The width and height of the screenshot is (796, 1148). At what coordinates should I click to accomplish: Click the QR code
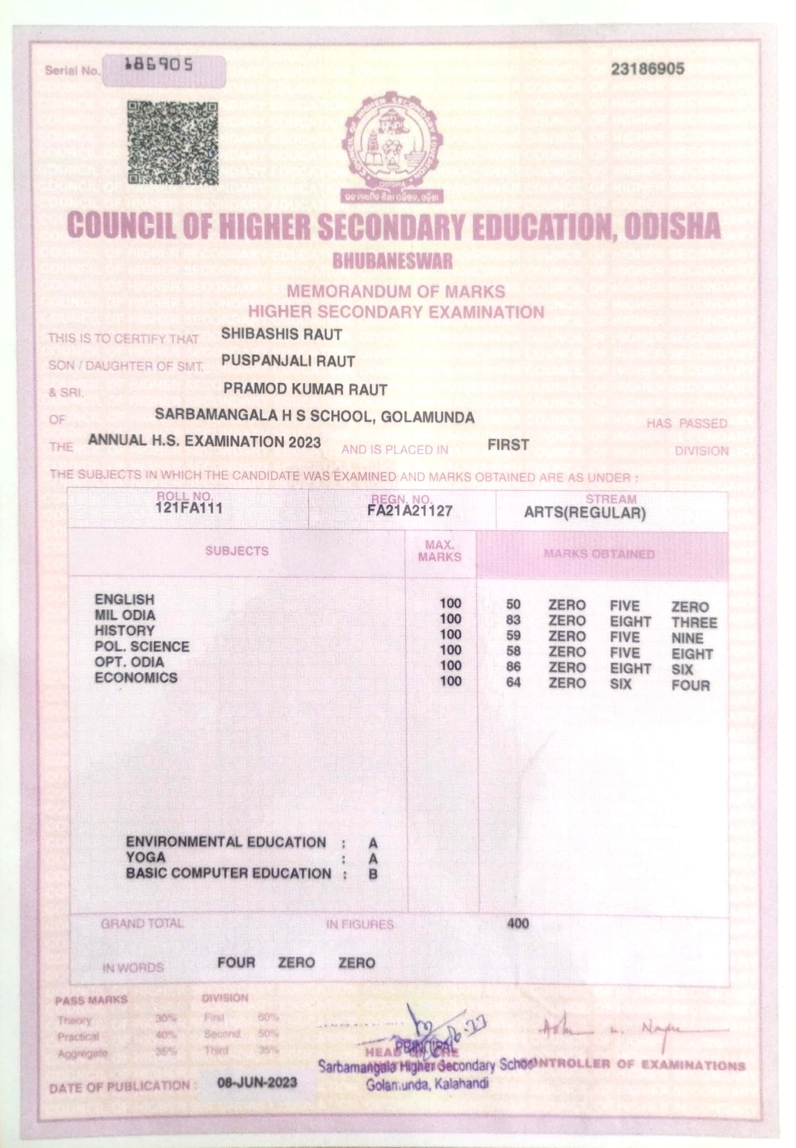click(x=173, y=143)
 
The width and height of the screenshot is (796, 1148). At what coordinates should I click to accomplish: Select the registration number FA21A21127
click(x=410, y=510)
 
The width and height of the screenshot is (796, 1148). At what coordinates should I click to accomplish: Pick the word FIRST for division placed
click(x=508, y=445)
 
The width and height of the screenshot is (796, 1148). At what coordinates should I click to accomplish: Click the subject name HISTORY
click(x=125, y=631)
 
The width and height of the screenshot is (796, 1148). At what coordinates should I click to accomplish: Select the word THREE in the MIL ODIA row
click(x=694, y=623)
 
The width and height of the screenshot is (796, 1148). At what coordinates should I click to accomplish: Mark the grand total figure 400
click(x=517, y=923)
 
